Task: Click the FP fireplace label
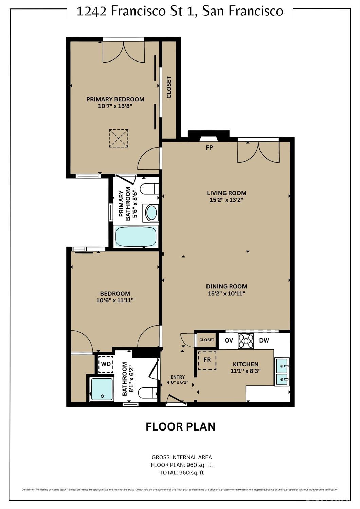tap(210, 148)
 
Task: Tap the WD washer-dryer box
tap(106, 364)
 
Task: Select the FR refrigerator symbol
tap(207, 360)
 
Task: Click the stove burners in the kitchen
tap(246, 341)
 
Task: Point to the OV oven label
tap(229, 340)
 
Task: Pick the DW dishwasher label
tap(264, 340)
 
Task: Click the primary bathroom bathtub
tap(136, 236)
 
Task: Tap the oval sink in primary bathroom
tap(151, 213)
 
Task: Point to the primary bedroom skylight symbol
tap(119, 138)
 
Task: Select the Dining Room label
tap(227, 286)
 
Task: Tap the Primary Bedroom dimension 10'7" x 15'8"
tap(115, 106)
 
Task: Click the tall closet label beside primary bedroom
tap(169, 87)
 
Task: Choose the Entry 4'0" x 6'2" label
tap(178, 380)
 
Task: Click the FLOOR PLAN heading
tap(180, 426)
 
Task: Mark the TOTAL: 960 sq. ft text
tap(182, 472)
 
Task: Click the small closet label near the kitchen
tap(207, 340)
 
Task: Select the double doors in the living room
tap(258, 152)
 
